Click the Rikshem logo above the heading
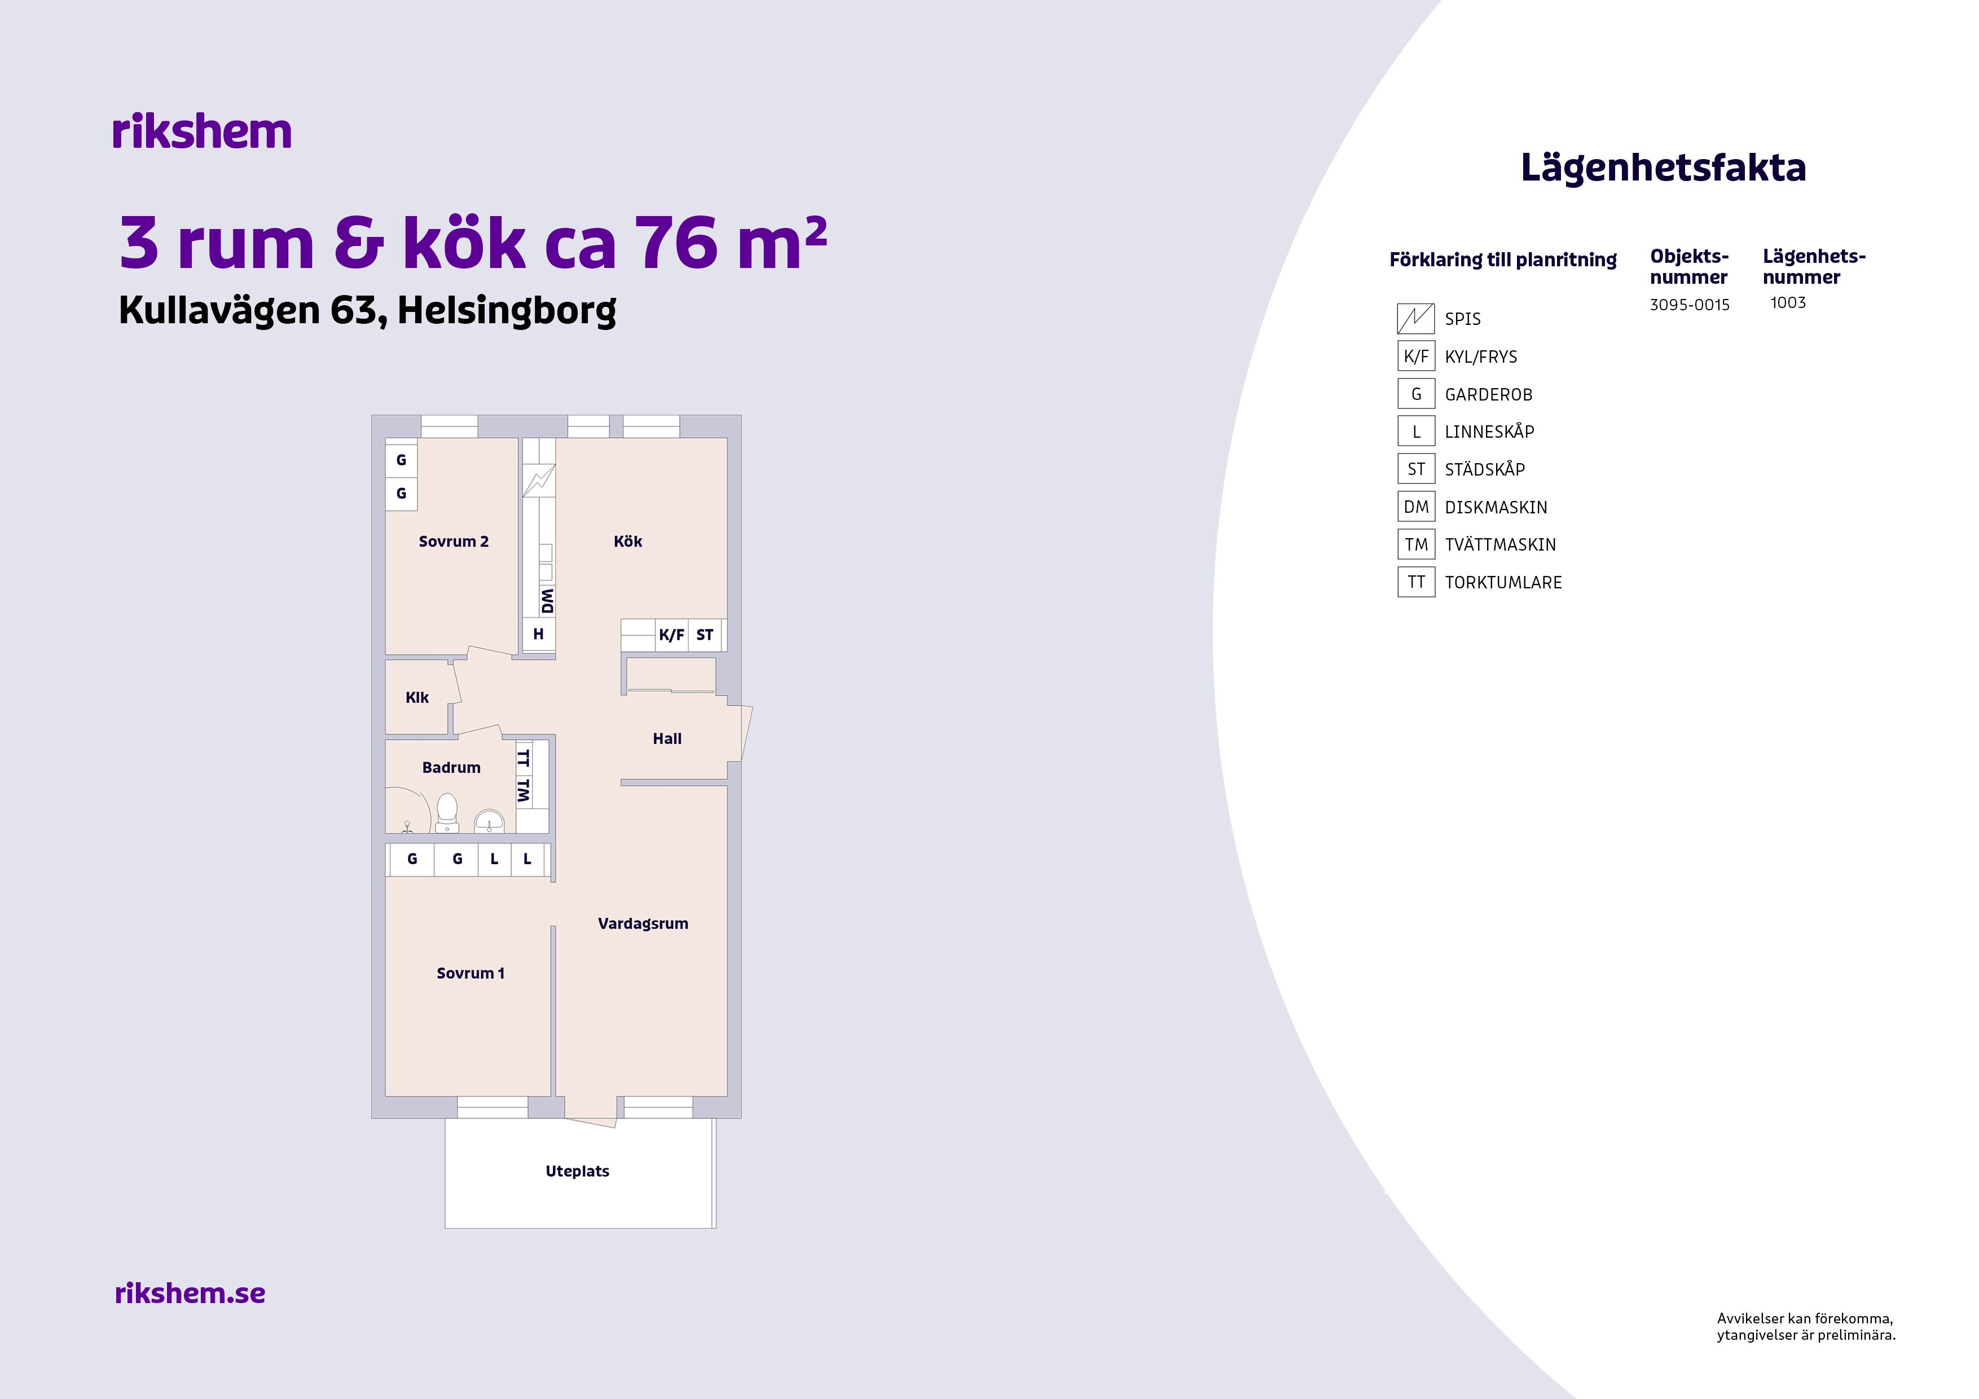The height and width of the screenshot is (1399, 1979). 202,132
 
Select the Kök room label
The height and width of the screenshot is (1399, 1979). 627,542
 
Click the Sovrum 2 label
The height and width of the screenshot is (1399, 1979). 454,542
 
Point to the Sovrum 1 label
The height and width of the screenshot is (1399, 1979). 470,973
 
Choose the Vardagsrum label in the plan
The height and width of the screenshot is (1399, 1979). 643,924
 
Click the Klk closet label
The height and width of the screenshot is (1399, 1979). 417,697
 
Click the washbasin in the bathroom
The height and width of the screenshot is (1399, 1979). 490,821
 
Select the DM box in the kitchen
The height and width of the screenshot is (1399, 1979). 547,601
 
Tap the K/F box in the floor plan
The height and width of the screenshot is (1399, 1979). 671,635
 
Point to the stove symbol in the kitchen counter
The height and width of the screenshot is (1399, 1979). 539,480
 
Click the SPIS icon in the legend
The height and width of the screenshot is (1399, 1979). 1415,319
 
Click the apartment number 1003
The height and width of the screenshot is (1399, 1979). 1788,302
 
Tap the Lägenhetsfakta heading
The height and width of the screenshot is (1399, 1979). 1663,168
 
